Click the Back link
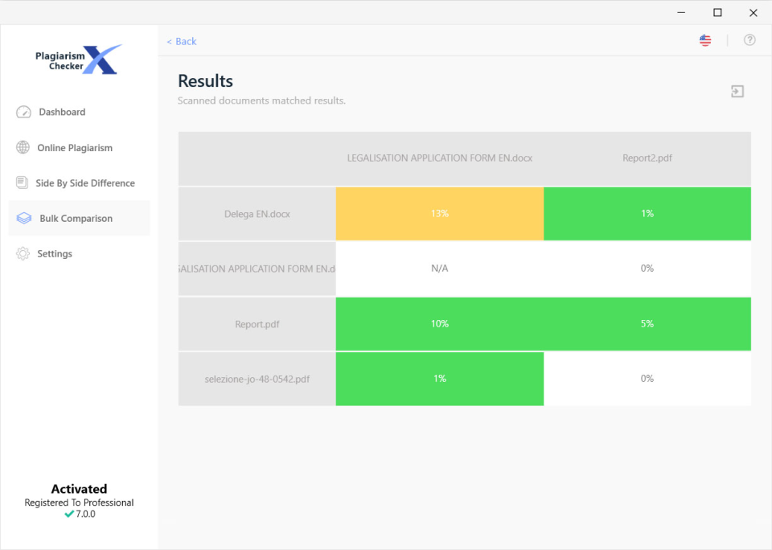(182, 41)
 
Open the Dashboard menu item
(61, 113)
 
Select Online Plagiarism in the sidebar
(74, 148)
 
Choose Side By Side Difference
(84, 183)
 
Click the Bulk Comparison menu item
(76, 219)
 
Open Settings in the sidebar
(54, 254)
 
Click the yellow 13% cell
(439, 214)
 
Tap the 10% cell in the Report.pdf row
(439, 324)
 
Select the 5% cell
(647, 324)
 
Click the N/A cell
(439, 269)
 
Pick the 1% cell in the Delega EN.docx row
(647, 214)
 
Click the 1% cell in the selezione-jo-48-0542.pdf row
(439, 379)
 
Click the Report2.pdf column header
(647, 158)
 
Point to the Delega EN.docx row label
(257, 214)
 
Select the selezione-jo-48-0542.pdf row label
(257, 379)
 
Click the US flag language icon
(705, 40)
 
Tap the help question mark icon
(749, 40)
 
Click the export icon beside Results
(737, 92)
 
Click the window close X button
(754, 12)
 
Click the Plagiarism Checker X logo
(78, 60)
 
